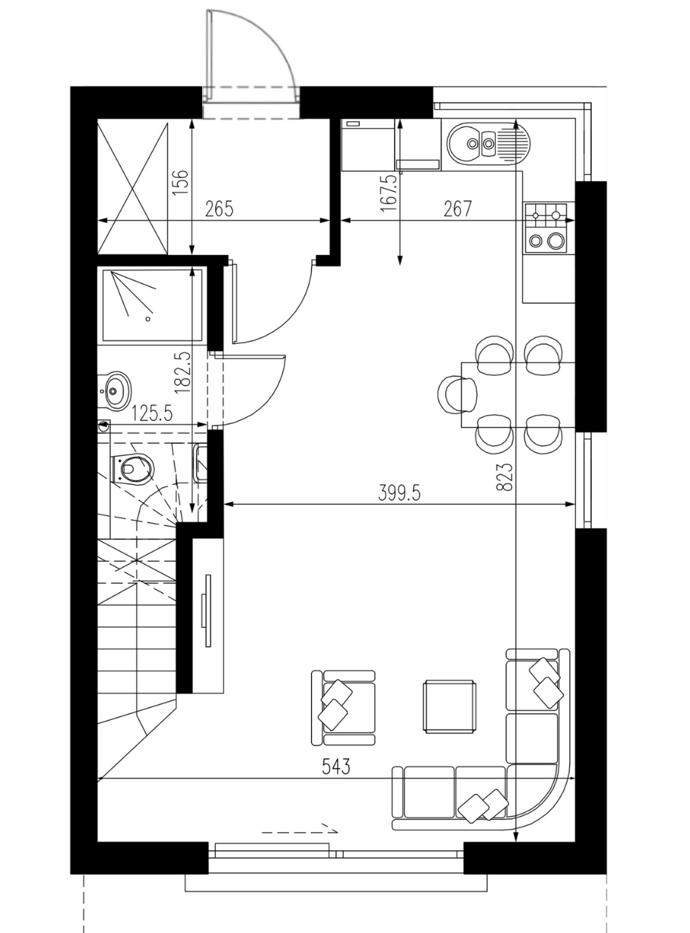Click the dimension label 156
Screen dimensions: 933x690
[180, 182]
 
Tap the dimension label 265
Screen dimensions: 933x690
[219, 209]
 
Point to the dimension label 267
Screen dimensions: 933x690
[458, 209]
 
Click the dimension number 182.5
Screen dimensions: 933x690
[182, 372]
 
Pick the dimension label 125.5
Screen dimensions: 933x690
[153, 414]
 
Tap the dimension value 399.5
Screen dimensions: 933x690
[399, 493]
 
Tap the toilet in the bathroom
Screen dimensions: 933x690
[132, 469]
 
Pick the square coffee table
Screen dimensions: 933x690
[450, 706]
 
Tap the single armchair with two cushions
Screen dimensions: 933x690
[343, 707]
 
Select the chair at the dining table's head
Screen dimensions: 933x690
[456, 394]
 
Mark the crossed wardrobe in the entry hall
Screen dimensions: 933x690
[133, 186]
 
